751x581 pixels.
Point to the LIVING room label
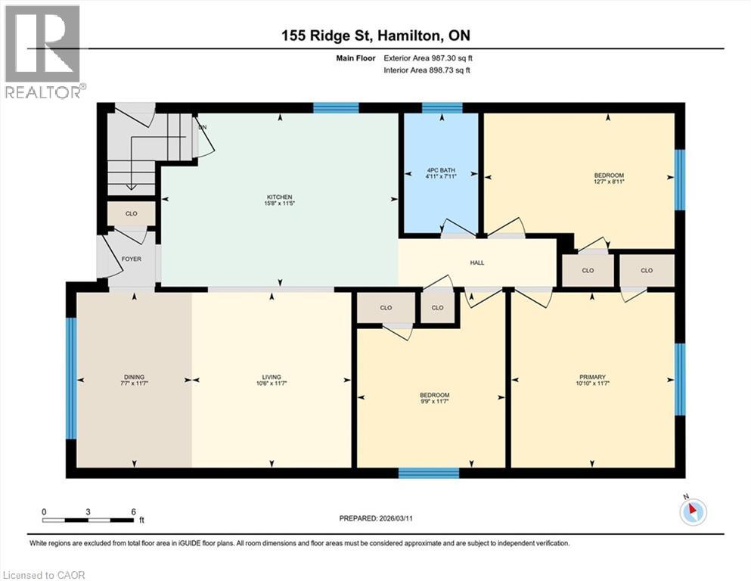tap(272, 377)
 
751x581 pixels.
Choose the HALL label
tap(476, 263)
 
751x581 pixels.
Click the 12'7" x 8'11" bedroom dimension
tap(609, 181)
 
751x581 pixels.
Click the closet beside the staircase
tap(131, 214)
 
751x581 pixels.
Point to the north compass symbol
tap(692, 512)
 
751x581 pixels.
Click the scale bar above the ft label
tap(88, 520)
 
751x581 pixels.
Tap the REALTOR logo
tap(42, 51)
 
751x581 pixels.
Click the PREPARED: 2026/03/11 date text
tap(375, 518)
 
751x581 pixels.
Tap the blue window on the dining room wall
tap(70, 377)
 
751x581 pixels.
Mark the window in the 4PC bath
tap(441, 107)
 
